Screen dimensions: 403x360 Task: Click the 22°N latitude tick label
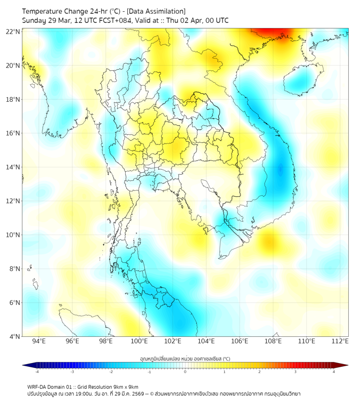tap(13, 31)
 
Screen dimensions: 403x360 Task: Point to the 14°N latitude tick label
tap(13, 167)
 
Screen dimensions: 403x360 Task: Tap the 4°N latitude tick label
tap(14, 337)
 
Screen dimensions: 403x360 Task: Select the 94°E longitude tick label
tap(39, 341)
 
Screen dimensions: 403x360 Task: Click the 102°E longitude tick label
tap(173, 341)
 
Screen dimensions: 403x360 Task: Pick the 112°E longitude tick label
tap(340, 341)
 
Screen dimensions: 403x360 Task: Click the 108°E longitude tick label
tap(273, 341)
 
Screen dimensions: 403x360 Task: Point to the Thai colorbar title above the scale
tap(185, 359)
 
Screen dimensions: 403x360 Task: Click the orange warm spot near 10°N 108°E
tap(269, 243)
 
